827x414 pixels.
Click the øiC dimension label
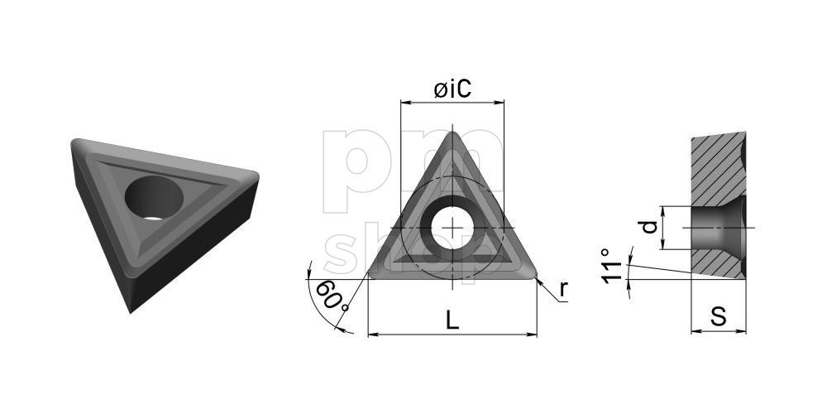click(x=453, y=89)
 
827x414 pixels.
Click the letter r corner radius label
click(x=563, y=288)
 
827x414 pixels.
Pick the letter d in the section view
click(x=651, y=226)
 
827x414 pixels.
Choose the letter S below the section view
click(x=719, y=315)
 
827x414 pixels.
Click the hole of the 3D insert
click(x=153, y=198)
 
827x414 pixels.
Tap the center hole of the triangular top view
click(x=453, y=226)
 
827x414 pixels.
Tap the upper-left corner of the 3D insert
click(x=74, y=142)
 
